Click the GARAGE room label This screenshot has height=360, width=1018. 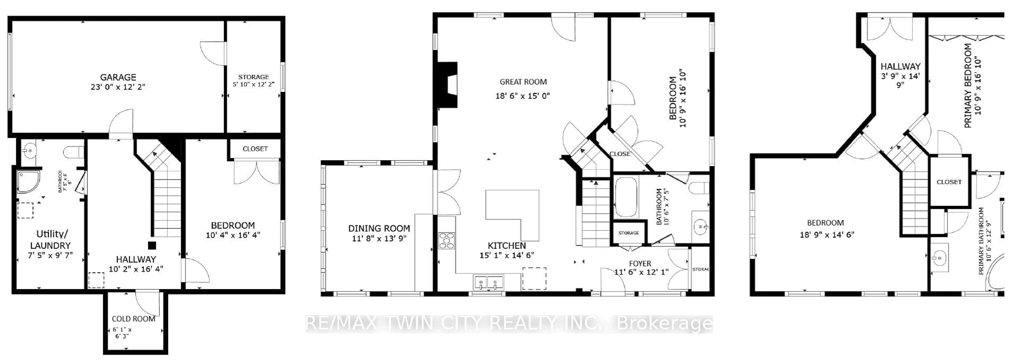point(118,77)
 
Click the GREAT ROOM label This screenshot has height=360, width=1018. point(523,82)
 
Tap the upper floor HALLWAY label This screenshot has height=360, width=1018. point(900,66)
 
